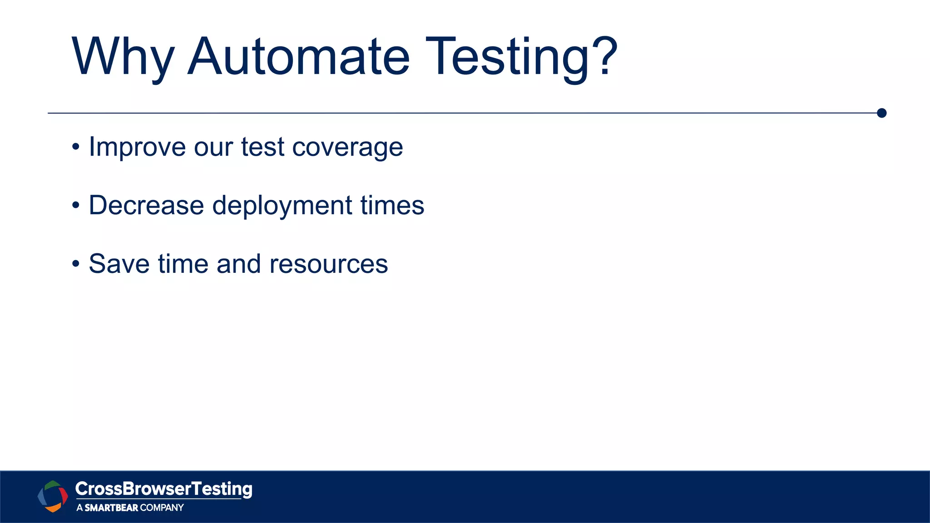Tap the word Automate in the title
(x=298, y=57)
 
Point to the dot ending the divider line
(x=881, y=113)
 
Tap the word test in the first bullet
(x=262, y=148)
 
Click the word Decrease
(x=146, y=205)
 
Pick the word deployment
(x=282, y=206)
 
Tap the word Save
(x=119, y=264)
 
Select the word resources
(x=328, y=264)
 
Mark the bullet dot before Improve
(x=76, y=148)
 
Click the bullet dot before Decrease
(x=76, y=206)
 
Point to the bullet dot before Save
(x=76, y=264)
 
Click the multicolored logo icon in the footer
(x=53, y=496)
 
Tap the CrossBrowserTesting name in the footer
(x=163, y=489)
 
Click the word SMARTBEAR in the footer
(x=111, y=508)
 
